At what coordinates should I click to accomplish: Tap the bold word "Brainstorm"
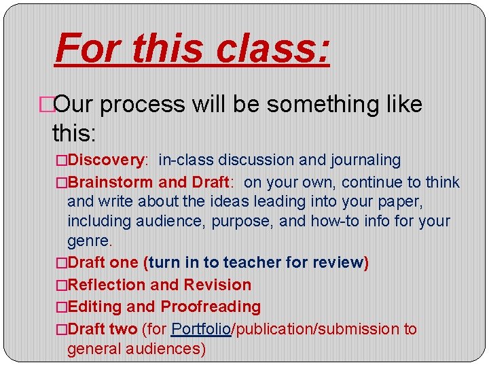tap(111, 182)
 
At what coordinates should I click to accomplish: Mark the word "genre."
tap(90, 241)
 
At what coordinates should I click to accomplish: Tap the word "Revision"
tap(217, 285)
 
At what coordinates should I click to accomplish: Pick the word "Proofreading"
tap(211, 307)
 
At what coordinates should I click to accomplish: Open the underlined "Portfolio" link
tap(202, 329)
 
